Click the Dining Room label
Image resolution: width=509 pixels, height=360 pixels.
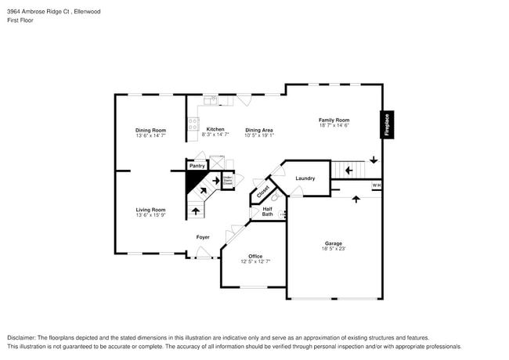pos(150,130)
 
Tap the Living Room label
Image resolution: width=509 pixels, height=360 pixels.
pos(150,210)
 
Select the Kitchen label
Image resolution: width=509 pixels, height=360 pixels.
pos(215,129)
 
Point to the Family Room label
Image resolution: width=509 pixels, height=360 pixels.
pos(334,120)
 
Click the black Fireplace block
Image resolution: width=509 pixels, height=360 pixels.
pos(385,124)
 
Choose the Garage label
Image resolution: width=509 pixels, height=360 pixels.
pos(334,243)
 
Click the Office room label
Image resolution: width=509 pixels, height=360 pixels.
pos(255,256)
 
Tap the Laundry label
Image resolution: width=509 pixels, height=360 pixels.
pos(305,178)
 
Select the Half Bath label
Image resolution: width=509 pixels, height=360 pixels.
pos(267,211)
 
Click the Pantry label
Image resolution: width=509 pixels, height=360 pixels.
pos(197,166)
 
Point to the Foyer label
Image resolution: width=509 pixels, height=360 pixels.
pos(203,236)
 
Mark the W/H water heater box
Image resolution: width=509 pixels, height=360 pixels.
pos(376,185)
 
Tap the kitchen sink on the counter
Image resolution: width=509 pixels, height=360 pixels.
pos(211,99)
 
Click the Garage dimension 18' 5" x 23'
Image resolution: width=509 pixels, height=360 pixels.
pos(334,249)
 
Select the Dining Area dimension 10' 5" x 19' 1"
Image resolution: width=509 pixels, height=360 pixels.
pos(259,135)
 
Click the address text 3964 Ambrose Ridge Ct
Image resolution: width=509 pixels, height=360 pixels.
pos(38,12)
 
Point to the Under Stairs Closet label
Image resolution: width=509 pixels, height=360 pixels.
pos(227,180)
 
